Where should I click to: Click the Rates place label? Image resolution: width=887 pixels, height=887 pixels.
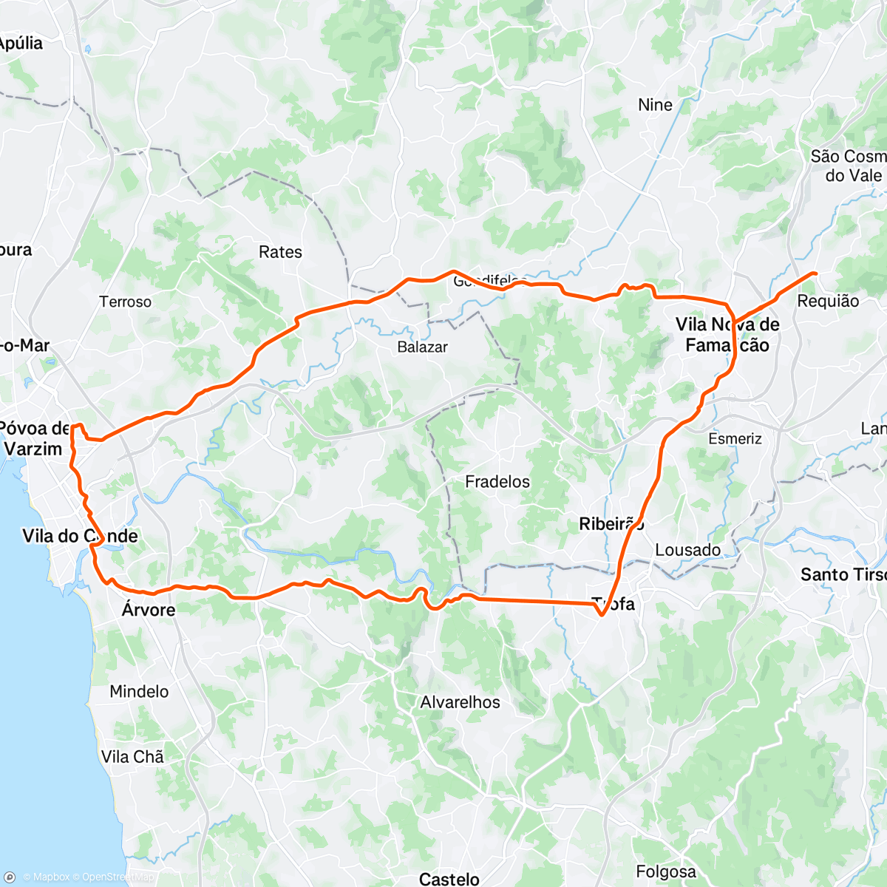280,252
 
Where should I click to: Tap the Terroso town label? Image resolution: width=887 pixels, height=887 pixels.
126,302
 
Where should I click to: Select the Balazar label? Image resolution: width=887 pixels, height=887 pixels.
422,347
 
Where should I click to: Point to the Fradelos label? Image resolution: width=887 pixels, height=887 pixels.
497,482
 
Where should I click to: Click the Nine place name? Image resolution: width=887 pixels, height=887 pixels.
655,105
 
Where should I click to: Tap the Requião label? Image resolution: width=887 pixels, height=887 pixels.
828,301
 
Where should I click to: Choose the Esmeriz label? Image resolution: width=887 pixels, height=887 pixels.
735,439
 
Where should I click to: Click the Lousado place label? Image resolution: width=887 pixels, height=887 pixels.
687,550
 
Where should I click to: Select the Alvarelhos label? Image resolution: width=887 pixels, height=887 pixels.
460,702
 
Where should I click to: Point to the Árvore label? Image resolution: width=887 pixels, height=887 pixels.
149,610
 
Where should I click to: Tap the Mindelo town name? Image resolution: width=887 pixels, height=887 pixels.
139,692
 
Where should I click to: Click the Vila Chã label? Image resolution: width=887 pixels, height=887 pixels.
132,757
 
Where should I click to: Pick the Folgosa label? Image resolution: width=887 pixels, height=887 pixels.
665,872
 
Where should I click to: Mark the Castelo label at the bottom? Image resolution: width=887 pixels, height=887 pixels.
449,878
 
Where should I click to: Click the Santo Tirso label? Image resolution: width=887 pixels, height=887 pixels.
843,574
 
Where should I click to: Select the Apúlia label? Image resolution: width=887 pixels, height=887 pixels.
21,43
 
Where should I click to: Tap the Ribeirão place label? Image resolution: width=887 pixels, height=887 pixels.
611,524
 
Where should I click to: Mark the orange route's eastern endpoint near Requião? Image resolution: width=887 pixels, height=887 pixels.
815,273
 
